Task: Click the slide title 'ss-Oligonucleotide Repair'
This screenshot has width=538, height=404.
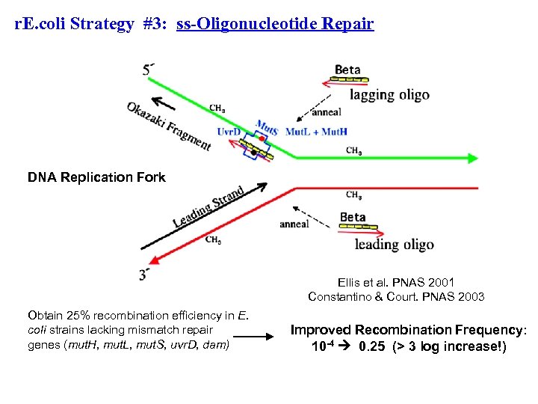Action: (275, 24)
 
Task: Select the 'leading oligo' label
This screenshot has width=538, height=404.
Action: (394, 244)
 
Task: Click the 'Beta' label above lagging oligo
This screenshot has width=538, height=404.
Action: (347, 70)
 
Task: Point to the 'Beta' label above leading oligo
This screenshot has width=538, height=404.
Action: (353, 217)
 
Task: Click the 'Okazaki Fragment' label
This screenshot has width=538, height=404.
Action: (169, 126)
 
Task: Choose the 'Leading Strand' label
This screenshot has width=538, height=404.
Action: (208, 206)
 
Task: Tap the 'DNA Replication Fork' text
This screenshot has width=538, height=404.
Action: (96, 177)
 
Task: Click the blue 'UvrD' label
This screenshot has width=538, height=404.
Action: (229, 132)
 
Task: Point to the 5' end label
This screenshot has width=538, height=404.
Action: (149, 70)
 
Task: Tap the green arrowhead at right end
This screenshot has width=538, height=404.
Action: (472, 158)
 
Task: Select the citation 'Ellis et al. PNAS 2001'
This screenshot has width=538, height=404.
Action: (395, 282)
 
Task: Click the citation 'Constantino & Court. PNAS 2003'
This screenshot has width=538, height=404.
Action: (396, 296)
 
